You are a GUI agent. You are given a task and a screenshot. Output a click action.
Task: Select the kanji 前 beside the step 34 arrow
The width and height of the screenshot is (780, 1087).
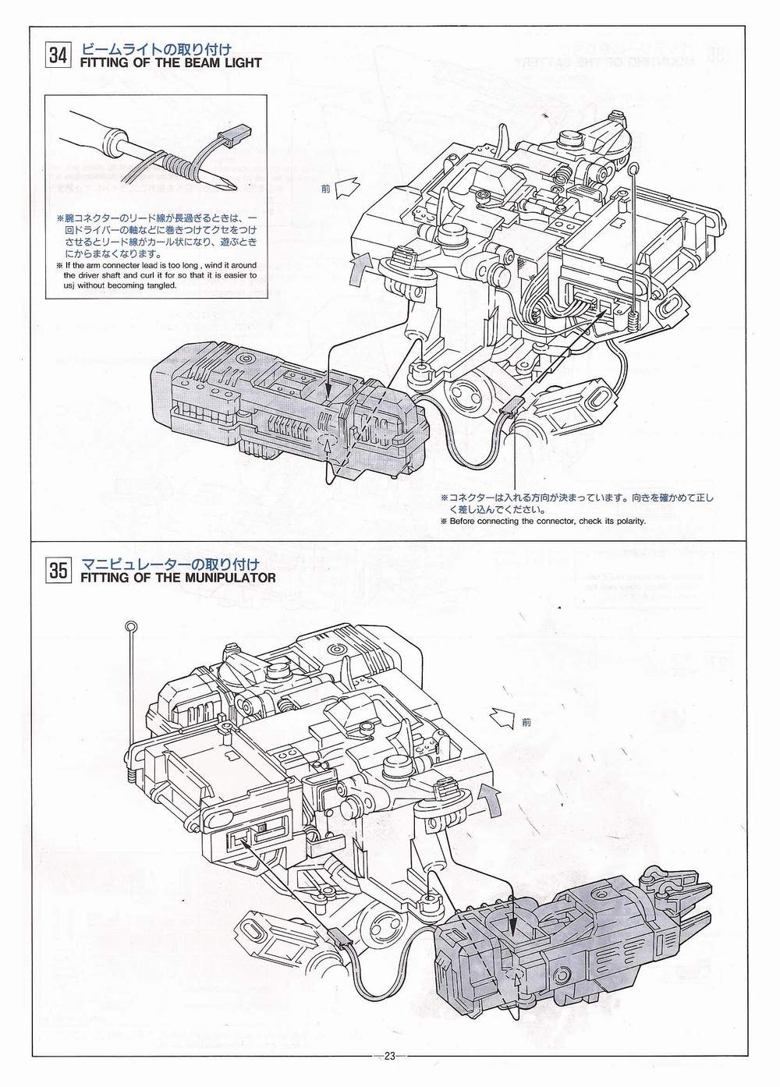(325, 189)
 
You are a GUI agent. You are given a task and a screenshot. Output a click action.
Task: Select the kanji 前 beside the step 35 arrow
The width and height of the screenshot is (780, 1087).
(526, 722)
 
